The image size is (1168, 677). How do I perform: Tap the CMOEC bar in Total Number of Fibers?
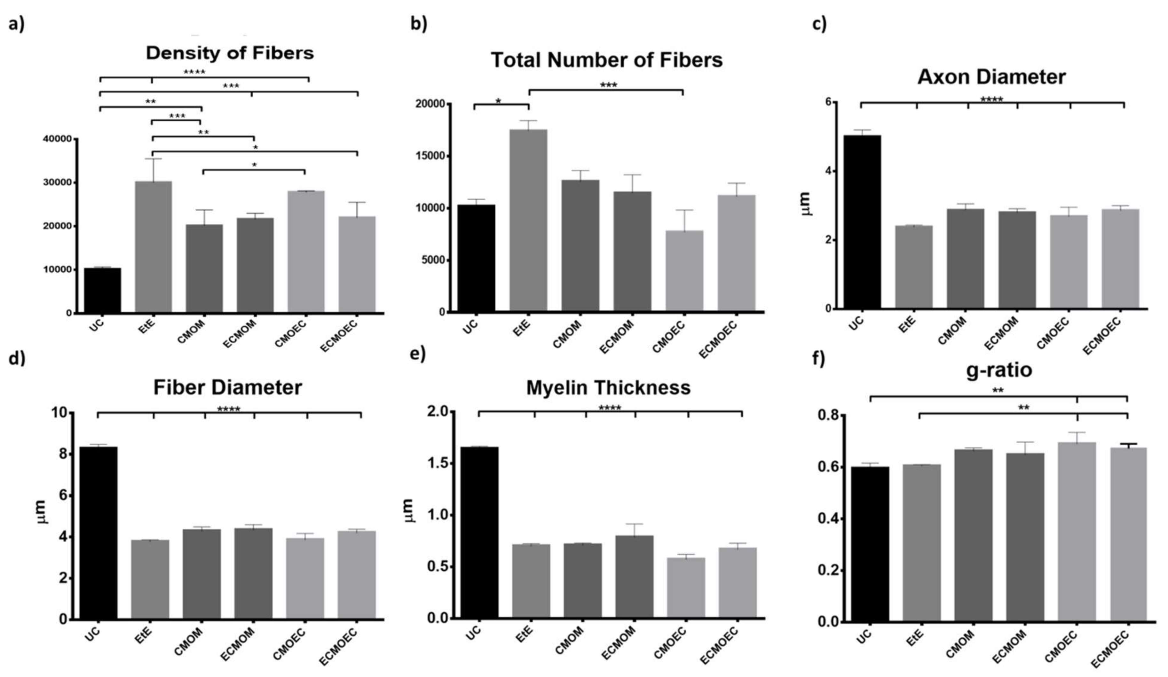[x=684, y=271]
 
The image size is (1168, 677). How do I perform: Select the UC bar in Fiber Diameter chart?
[x=98, y=533]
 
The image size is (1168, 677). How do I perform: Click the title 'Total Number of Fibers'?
[x=606, y=60]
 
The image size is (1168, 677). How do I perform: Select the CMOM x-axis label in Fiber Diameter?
[x=189, y=642]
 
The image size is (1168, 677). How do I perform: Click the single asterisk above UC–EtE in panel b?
[x=498, y=100]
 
